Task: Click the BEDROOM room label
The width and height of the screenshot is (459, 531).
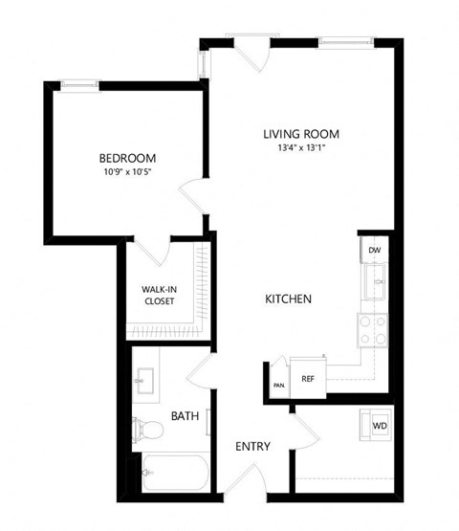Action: click(x=127, y=158)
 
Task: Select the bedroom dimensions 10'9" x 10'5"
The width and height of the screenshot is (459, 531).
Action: click(x=127, y=172)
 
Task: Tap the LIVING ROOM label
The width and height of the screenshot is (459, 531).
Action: click(x=301, y=134)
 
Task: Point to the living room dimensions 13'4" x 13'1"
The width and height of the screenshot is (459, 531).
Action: click(x=301, y=148)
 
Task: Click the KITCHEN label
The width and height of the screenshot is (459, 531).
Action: click(x=288, y=299)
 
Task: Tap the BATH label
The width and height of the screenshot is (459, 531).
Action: click(x=185, y=416)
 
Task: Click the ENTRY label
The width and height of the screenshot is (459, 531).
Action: click(x=253, y=446)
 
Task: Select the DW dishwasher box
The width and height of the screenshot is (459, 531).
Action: click(x=373, y=250)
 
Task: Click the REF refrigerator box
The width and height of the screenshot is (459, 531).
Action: click(x=308, y=378)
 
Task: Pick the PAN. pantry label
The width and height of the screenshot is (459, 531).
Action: click(x=278, y=385)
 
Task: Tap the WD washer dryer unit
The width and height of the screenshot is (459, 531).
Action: click(x=379, y=425)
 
